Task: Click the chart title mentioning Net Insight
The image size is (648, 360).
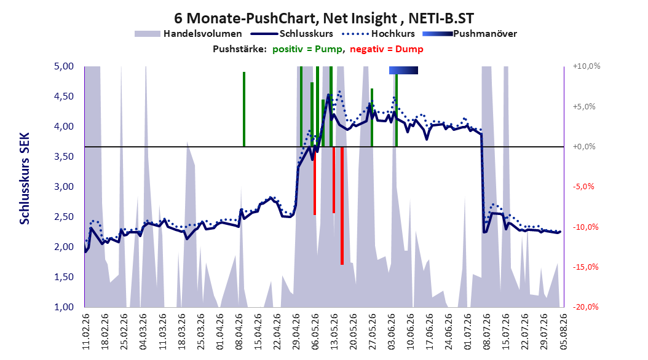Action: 323,18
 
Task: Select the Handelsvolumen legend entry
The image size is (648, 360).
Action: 188,34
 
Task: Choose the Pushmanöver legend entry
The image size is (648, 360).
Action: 470,34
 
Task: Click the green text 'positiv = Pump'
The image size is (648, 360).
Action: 307,49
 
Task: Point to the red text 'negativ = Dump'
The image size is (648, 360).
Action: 387,49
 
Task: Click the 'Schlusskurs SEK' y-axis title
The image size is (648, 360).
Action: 25,178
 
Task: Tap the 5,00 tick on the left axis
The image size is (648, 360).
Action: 64,66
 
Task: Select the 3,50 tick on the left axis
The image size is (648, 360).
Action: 64,157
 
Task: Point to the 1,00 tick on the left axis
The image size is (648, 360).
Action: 64,307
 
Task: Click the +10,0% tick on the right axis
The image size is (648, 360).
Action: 587,66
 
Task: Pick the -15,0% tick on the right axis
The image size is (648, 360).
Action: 585,267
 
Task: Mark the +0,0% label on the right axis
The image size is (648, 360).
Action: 584,147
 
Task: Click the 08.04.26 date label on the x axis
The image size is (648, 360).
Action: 239,332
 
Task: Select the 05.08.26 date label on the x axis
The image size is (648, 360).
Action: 563,332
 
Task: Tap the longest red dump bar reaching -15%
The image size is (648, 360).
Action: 342,206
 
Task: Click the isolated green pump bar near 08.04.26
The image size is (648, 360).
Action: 244,109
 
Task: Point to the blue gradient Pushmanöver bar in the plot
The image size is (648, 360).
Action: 403,70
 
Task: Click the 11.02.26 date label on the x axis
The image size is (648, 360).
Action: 86,332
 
